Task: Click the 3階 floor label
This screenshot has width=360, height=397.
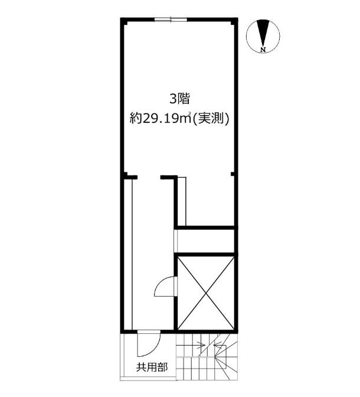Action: (179, 99)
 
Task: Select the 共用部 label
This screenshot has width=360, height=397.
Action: (152, 367)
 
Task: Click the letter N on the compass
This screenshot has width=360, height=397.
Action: (263, 50)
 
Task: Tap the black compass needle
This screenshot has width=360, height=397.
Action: (263, 33)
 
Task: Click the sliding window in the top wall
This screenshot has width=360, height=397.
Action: (171, 19)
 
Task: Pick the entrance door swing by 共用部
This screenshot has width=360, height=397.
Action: (149, 343)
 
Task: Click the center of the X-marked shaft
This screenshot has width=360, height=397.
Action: (206, 293)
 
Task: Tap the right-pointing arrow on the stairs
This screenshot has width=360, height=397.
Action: (191, 344)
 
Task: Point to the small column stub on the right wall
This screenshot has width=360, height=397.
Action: (233, 174)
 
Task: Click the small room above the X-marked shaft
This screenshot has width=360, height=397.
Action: (206, 241)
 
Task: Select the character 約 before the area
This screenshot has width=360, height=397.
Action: (136, 118)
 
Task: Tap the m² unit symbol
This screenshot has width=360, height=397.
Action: (186, 119)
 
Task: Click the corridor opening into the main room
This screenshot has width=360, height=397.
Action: (149, 177)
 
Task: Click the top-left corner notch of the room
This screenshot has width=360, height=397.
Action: (126, 22)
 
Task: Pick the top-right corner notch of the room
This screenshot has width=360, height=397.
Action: (233, 22)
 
